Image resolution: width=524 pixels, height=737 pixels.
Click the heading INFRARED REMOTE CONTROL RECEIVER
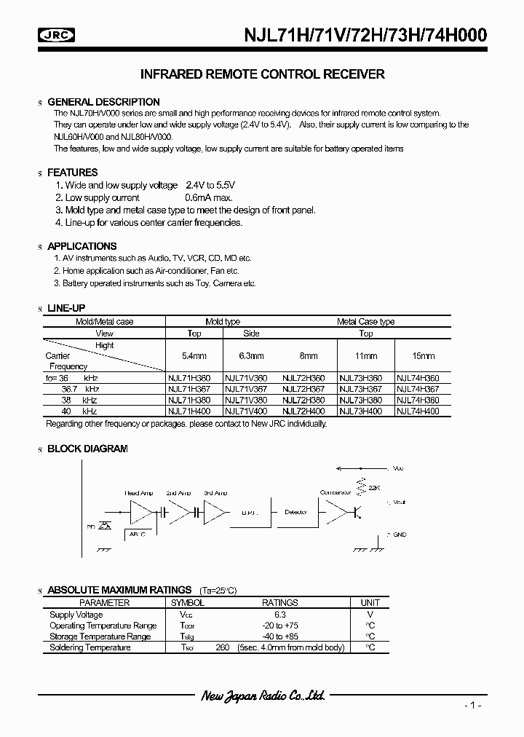(261, 74)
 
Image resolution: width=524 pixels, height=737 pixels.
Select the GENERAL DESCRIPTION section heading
(103, 102)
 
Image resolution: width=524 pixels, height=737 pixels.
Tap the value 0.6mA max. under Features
(208, 197)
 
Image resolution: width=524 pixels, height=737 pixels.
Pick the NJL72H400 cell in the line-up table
(303, 411)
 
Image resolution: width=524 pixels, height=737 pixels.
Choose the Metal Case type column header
(365, 321)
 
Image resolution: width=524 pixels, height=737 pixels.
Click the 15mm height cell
(423, 356)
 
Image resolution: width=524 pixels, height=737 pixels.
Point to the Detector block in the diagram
(295, 512)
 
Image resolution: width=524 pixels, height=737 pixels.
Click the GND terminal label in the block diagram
(400, 534)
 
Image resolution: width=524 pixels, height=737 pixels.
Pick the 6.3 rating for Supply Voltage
(280, 615)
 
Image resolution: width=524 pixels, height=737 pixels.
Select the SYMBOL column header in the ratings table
(187, 603)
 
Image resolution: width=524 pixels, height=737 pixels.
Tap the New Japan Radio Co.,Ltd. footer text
(262, 696)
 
